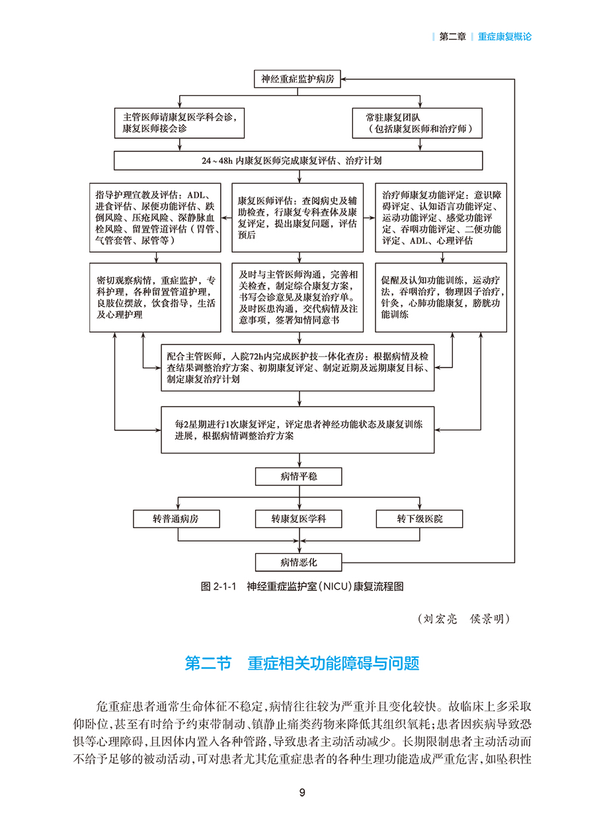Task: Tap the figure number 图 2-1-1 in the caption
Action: pos(218,586)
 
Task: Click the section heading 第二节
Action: pos(208,663)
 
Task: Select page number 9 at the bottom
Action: pos(302,793)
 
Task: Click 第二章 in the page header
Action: pos(452,37)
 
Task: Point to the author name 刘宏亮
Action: pos(440,619)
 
